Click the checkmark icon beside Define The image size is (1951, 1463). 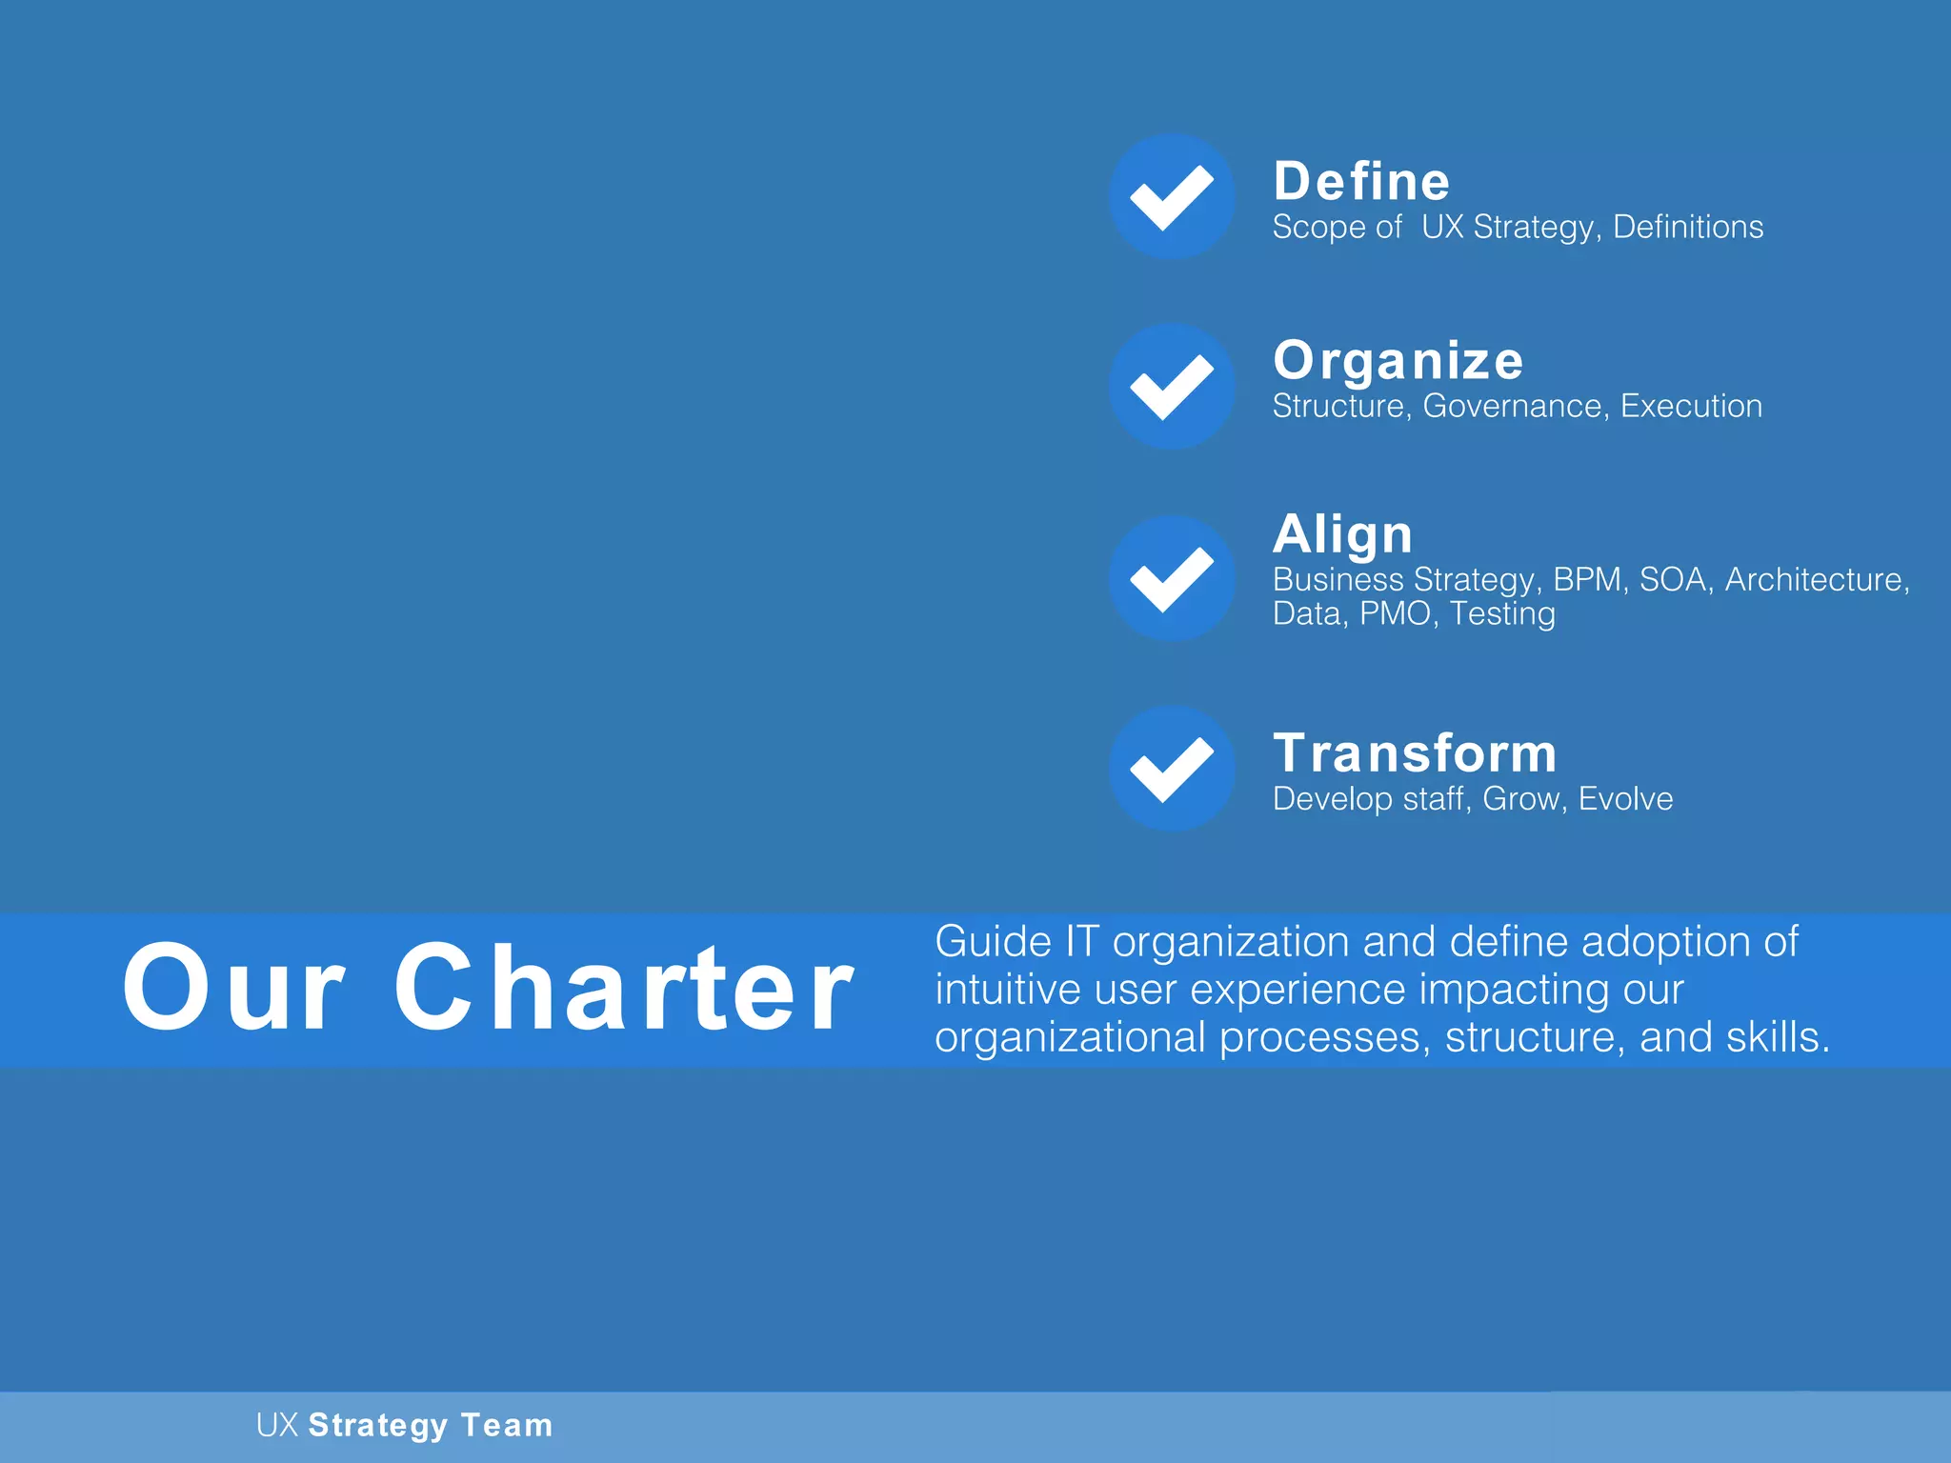pos(1172,196)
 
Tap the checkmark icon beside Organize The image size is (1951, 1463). pos(1172,386)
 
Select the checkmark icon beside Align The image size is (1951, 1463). pos(1172,578)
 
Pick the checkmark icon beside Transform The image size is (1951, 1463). pos(1172,768)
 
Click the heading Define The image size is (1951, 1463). pos(1361,181)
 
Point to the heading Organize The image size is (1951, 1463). pos(1398,360)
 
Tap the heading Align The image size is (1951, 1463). pos(1342,533)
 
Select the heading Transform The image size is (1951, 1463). pos(1415,752)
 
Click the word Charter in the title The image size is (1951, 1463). pos(624,987)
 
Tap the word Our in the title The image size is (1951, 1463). pos(233,987)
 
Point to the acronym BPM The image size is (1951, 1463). pos(1587,579)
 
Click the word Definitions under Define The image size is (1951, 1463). pos(1687,227)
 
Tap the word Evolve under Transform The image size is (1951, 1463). pos(1625,798)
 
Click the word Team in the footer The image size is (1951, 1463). pos(506,1425)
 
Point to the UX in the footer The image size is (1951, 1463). pos(277,1425)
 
